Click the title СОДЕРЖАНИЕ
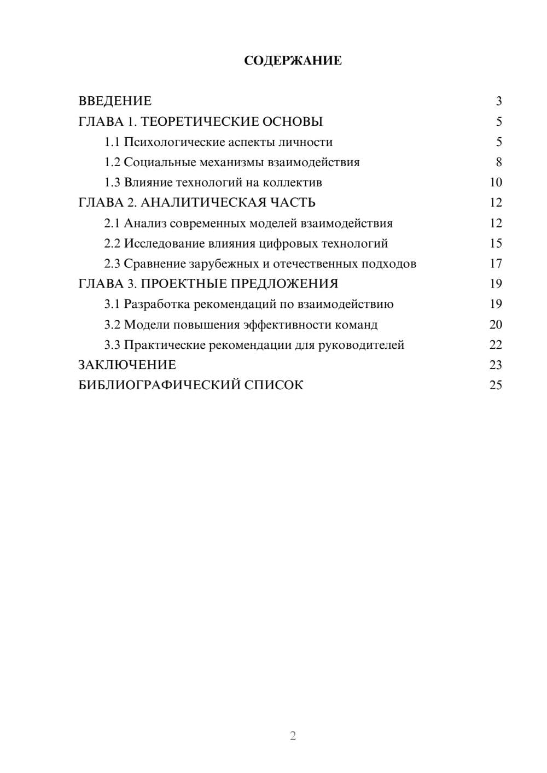pyautogui.click(x=293, y=61)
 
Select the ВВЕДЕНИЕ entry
pyautogui.click(x=115, y=101)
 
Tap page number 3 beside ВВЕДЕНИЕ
pyautogui.click(x=498, y=101)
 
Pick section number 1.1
pyautogui.click(x=112, y=142)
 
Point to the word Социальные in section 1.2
pyautogui.click(x=156, y=162)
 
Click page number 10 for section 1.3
pyautogui.click(x=496, y=183)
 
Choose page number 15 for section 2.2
pyautogui.click(x=496, y=243)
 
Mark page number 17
pyautogui.click(x=496, y=263)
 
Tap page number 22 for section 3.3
pyautogui.click(x=496, y=345)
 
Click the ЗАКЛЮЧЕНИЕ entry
pyautogui.click(x=127, y=365)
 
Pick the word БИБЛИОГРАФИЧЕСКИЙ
pyautogui.click(x=159, y=385)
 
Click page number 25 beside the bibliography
pyautogui.click(x=496, y=385)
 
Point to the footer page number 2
pyautogui.click(x=293, y=736)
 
